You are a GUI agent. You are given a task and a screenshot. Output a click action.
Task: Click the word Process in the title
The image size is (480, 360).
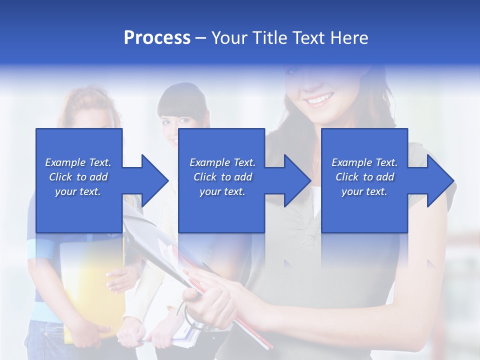click(157, 38)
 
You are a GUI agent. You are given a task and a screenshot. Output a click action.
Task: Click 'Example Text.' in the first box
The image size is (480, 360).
click(78, 162)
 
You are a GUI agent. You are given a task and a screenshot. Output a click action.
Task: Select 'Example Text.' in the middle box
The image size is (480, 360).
click(222, 162)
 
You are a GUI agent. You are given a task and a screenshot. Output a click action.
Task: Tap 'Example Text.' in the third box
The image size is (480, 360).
click(364, 162)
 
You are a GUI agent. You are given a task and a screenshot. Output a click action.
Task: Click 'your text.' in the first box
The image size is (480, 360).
click(78, 191)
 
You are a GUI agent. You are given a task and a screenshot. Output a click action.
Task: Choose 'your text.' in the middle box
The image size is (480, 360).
click(222, 191)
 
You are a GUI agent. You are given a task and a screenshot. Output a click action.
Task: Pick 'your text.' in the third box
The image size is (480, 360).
click(364, 191)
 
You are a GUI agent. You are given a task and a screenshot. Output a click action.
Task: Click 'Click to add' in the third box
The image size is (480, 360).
click(364, 177)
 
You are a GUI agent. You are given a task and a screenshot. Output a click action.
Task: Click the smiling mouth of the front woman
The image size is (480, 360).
click(318, 100)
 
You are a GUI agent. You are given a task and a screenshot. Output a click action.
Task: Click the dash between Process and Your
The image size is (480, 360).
click(201, 38)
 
